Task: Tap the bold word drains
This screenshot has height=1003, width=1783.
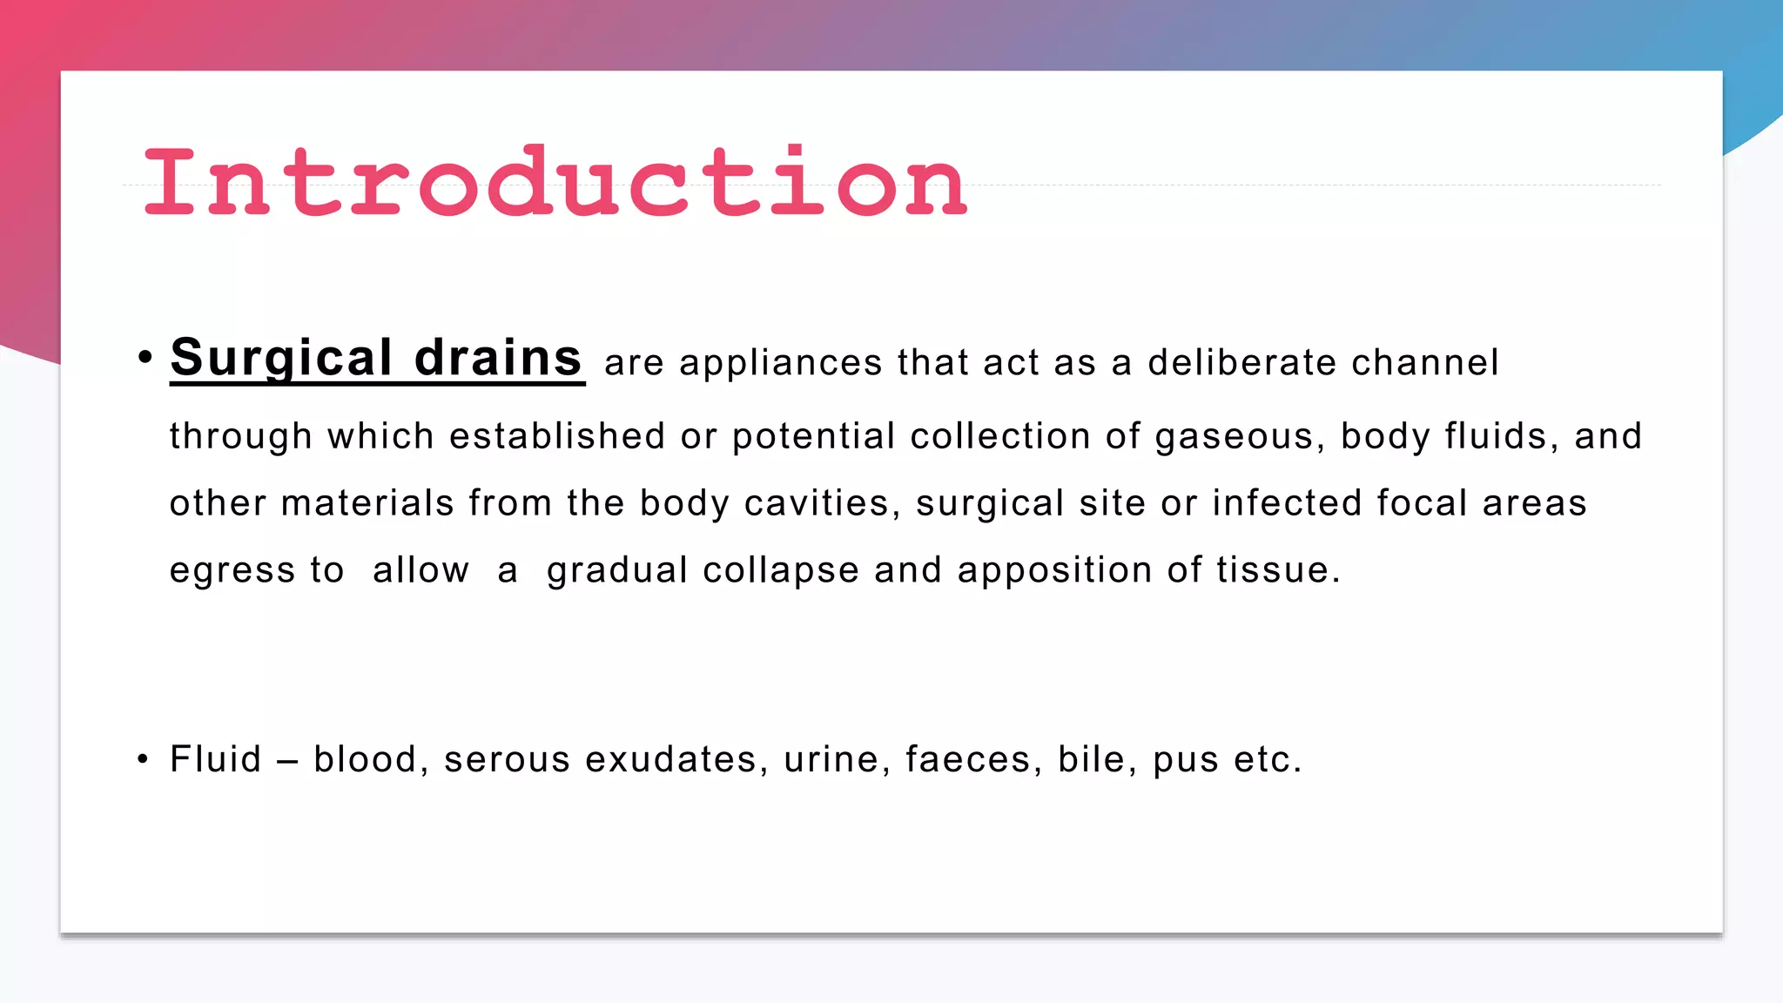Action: coord(498,358)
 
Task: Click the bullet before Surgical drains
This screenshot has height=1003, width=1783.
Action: coord(145,357)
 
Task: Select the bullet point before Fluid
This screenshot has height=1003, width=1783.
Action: coord(143,759)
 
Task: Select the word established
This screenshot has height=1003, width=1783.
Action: coord(557,436)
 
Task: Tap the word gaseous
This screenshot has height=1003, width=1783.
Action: coord(1234,436)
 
